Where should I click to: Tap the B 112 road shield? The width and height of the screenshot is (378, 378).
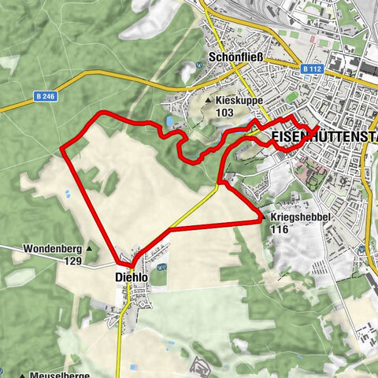coord(312,69)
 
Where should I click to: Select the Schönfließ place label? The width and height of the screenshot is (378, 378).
coord(235,57)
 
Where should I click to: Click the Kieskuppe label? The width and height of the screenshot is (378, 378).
coord(240,102)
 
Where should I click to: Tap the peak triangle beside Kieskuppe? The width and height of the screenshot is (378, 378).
coord(208,102)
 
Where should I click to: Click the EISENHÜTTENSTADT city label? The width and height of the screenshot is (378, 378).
coord(323,137)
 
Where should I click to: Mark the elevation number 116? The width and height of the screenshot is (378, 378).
coord(279,229)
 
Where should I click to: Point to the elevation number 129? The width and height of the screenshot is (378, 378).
coord(73,261)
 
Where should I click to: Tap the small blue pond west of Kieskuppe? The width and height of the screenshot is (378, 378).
coord(170,120)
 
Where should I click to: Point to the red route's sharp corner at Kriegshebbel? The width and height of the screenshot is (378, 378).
coord(260,222)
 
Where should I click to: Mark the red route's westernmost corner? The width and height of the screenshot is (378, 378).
coord(61,147)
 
